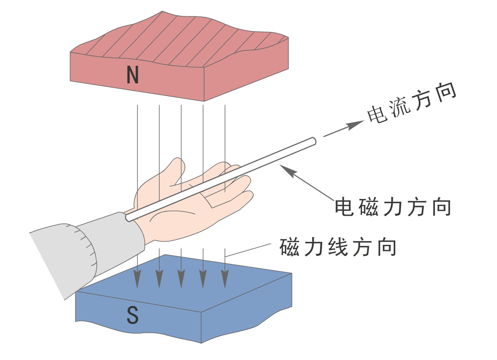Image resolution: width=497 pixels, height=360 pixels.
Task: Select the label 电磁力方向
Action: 393,207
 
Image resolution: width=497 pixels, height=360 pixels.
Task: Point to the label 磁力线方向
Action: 338,247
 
